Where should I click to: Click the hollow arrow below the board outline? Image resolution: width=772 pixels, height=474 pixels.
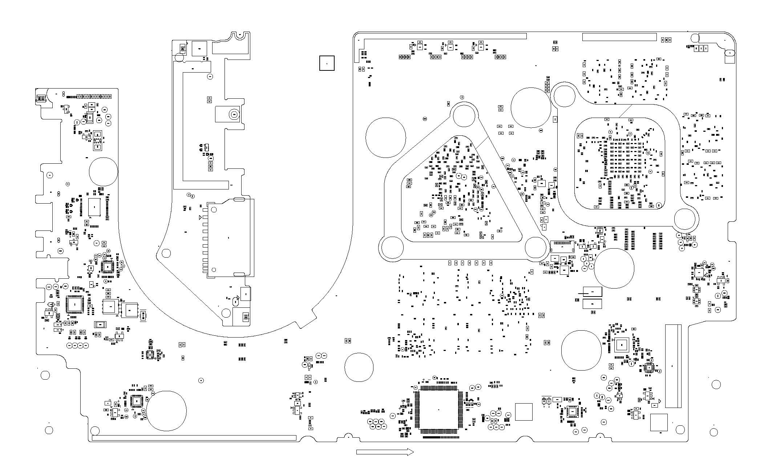click(x=385, y=452)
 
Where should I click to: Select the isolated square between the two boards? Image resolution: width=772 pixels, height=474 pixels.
click(x=327, y=63)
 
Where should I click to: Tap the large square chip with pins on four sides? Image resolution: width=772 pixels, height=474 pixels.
click(x=438, y=410)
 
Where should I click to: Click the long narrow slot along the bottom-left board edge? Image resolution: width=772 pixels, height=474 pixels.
click(x=194, y=438)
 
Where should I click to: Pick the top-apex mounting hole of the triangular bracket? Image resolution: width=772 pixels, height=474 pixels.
click(x=464, y=115)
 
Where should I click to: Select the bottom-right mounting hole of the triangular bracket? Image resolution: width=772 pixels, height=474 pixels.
click(x=535, y=248)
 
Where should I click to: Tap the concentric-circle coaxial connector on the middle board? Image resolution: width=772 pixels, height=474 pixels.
click(x=234, y=114)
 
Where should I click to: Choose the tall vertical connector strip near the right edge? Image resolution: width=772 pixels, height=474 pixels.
click(x=673, y=366)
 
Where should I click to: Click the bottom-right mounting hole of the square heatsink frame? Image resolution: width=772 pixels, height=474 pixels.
click(x=684, y=219)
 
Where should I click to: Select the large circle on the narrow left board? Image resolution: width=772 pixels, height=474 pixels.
click(x=104, y=172)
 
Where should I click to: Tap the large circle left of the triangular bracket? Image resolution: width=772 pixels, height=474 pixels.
click(x=385, y=137)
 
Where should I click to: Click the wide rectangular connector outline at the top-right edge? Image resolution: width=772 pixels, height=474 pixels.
click(x=619, y=37)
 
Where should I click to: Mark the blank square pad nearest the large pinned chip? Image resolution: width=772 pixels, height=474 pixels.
click(x=524, y=412)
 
